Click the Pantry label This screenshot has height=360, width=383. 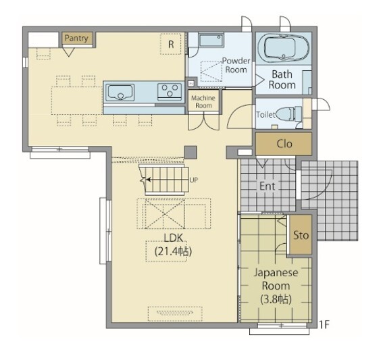(x=76, y=38)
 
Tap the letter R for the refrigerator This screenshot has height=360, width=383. (x=171, y=45)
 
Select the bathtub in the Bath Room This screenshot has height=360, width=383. (x=283, y=48)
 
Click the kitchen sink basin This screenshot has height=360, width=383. (x=121, y=93)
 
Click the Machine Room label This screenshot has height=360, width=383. (x=203, y=101)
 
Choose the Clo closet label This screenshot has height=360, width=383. (x=284, y=144)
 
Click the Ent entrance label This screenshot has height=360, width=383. (x=267, y=186)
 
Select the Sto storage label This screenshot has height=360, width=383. (x=301, y=235)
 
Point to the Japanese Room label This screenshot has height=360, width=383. (x=276, y=279)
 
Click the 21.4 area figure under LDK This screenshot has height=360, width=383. (x=169, y=251)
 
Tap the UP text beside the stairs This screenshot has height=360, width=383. (x=194, y=180)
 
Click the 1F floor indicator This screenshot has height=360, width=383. (x=324, y=325)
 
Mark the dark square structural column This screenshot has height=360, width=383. (x=190, y=153)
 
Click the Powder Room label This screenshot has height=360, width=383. (x=236, y=66)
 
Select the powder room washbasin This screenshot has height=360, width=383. (x=211, y=40)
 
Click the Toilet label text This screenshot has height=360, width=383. (x=265, y=114)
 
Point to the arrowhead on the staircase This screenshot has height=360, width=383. (x=148, y=180)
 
